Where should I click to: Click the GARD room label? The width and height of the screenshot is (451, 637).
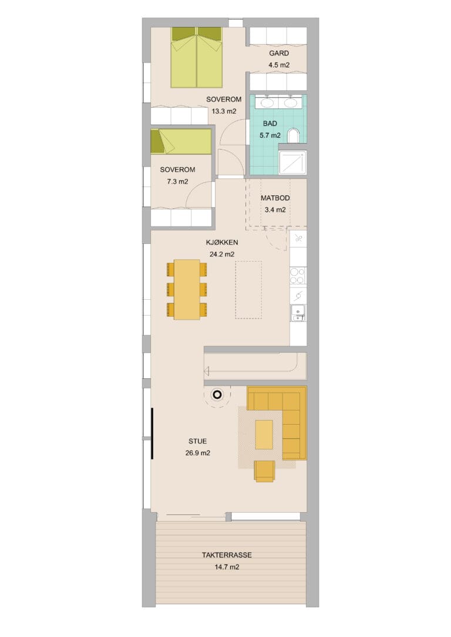(x=279, y=53)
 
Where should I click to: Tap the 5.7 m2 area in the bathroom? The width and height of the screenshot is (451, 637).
(x=270, y=135)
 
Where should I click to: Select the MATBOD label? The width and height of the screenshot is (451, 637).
(x=275, y=198)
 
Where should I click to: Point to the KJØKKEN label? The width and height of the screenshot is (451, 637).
(x=222, y=242)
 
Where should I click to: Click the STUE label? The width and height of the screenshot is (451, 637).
(x=198, y=441)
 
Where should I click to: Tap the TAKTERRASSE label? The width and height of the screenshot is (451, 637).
(x=227, y=555)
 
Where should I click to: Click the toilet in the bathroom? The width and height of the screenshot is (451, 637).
(x=293, y=136)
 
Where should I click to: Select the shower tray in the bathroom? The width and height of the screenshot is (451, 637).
(x=292, y=162)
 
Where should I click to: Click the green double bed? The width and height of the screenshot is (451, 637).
(x=197, y=57)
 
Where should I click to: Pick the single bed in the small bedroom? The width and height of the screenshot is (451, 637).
(x=181, y=141)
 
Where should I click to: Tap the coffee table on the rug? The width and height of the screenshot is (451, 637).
(x=264, y=434)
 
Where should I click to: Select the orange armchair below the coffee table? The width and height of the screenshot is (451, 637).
(x=264, y=471)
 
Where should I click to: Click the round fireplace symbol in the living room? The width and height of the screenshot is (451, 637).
(x=217, y=394)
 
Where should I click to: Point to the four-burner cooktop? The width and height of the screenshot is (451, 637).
(x=298, y=276)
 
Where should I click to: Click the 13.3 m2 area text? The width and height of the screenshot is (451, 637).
(x=224, y=111)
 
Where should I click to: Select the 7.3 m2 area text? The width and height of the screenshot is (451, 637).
(x=178, y=182)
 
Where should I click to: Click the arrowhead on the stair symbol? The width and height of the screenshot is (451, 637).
(x=207, y=371)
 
